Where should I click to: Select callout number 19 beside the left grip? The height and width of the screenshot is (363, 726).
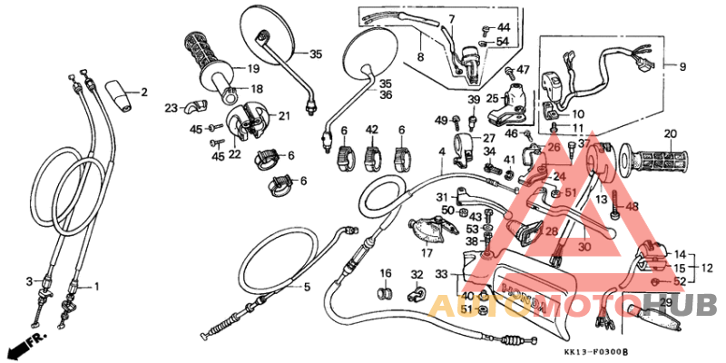253,68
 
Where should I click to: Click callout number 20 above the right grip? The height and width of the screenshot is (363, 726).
669,134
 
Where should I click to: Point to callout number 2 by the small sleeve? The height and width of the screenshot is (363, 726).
142,92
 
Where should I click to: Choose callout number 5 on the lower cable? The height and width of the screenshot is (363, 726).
306,288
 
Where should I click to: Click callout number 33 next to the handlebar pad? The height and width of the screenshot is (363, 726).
441,274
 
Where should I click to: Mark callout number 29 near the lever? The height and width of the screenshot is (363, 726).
664,302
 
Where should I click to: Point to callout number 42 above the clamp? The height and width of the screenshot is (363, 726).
371,131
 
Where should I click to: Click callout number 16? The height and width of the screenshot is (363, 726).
385,273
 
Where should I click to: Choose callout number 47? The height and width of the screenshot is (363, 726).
523,70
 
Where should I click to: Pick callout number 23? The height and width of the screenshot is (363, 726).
172,108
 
